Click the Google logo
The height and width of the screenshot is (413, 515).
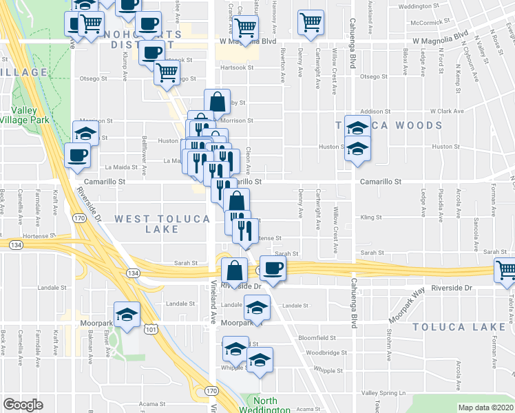[x=23, y=405]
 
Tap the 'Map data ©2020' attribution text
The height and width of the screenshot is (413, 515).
[x=486, y=407]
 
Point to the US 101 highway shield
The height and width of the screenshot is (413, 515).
[x=151, y=331]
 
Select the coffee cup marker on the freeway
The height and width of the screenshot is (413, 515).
[x=273, y=267]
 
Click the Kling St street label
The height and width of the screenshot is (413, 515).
[x=370, y=217]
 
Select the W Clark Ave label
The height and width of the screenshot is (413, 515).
[x=447, y=111]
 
